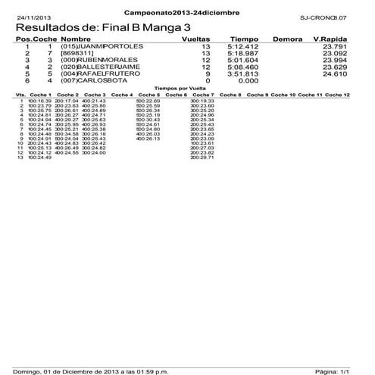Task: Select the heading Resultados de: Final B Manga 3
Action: pyautogui.click(x=102, y=27)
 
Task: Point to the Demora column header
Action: pyautogui.click(x=288, y=39)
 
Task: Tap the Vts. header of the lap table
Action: pyautogui.click(x=20, y=95)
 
